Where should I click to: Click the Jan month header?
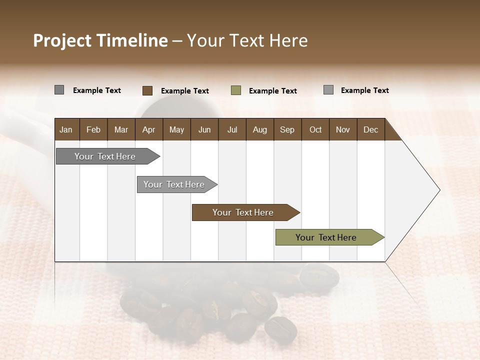[x=66, y=129]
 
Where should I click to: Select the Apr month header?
[x=149, y=129]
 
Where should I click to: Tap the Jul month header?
[x=232, y=129]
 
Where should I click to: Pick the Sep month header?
[x=287, y=129]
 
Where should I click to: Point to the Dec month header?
[x=370, y=129]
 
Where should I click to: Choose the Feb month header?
[x=93, y=129]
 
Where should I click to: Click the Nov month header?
[x=342, y=129]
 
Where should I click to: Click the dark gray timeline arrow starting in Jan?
[x=105, y=156]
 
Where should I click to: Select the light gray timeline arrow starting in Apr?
[x=174, y=184]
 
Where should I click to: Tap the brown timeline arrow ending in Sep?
[x=243, y=212]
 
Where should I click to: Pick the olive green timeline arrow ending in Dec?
[x=326, y=237]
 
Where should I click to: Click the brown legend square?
[x=147, y=90]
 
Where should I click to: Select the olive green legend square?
[x=236, y=90]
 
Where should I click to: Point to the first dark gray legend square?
[x=59, y=90]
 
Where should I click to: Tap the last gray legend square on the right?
[x=328, y=90]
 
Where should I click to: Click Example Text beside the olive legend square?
[x=273, y=91]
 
